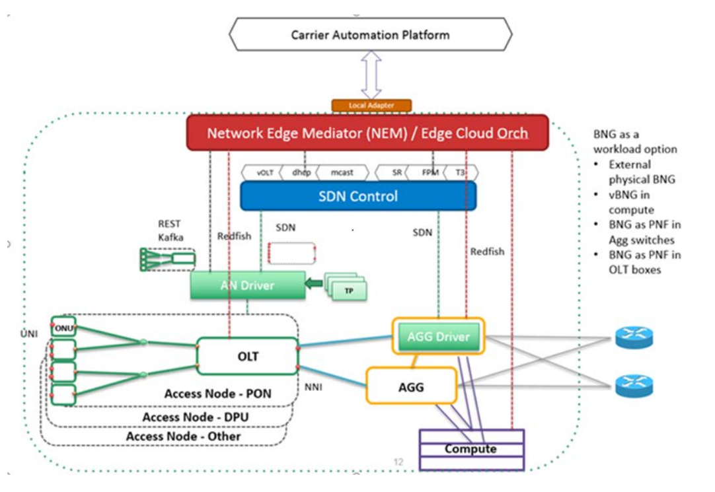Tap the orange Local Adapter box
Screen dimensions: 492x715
(x=371, y=106)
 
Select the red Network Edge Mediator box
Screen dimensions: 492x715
(x=367, y=133)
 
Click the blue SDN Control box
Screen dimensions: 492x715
(x=357, y=196)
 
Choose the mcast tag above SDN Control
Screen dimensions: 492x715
(x=342, y=172)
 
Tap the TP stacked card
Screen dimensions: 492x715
(x=348, y=290)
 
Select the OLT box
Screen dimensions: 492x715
(x=248, y=357)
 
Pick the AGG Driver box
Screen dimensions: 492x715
(x=438, y=337)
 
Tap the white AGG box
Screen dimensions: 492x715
(x=412, y=386)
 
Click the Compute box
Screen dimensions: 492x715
(x=470, y=449)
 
